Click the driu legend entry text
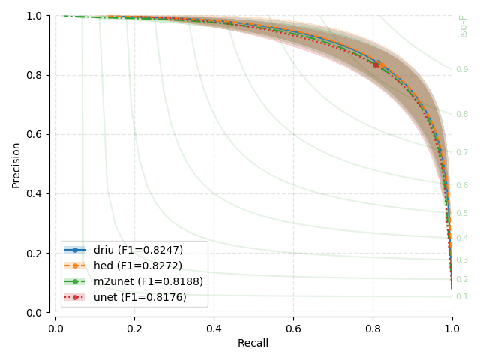pos(138,250)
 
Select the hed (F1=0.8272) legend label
pos(137,265)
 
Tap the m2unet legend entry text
pos(148,281)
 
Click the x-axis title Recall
pos(253,343)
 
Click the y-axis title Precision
pos(16,163)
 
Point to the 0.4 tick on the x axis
pos(214,328)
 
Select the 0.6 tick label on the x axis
pos(293,328)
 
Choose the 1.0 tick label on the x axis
pos(451,328)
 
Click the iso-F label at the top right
pos(463,25)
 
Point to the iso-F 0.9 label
pos(462,70)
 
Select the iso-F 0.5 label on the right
pos(462,214)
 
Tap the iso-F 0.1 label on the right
pos(462,297)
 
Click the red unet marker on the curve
pos(376,64)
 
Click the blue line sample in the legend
pos(75,250)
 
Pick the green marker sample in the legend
pos(75,281)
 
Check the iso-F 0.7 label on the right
pos(462,153)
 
